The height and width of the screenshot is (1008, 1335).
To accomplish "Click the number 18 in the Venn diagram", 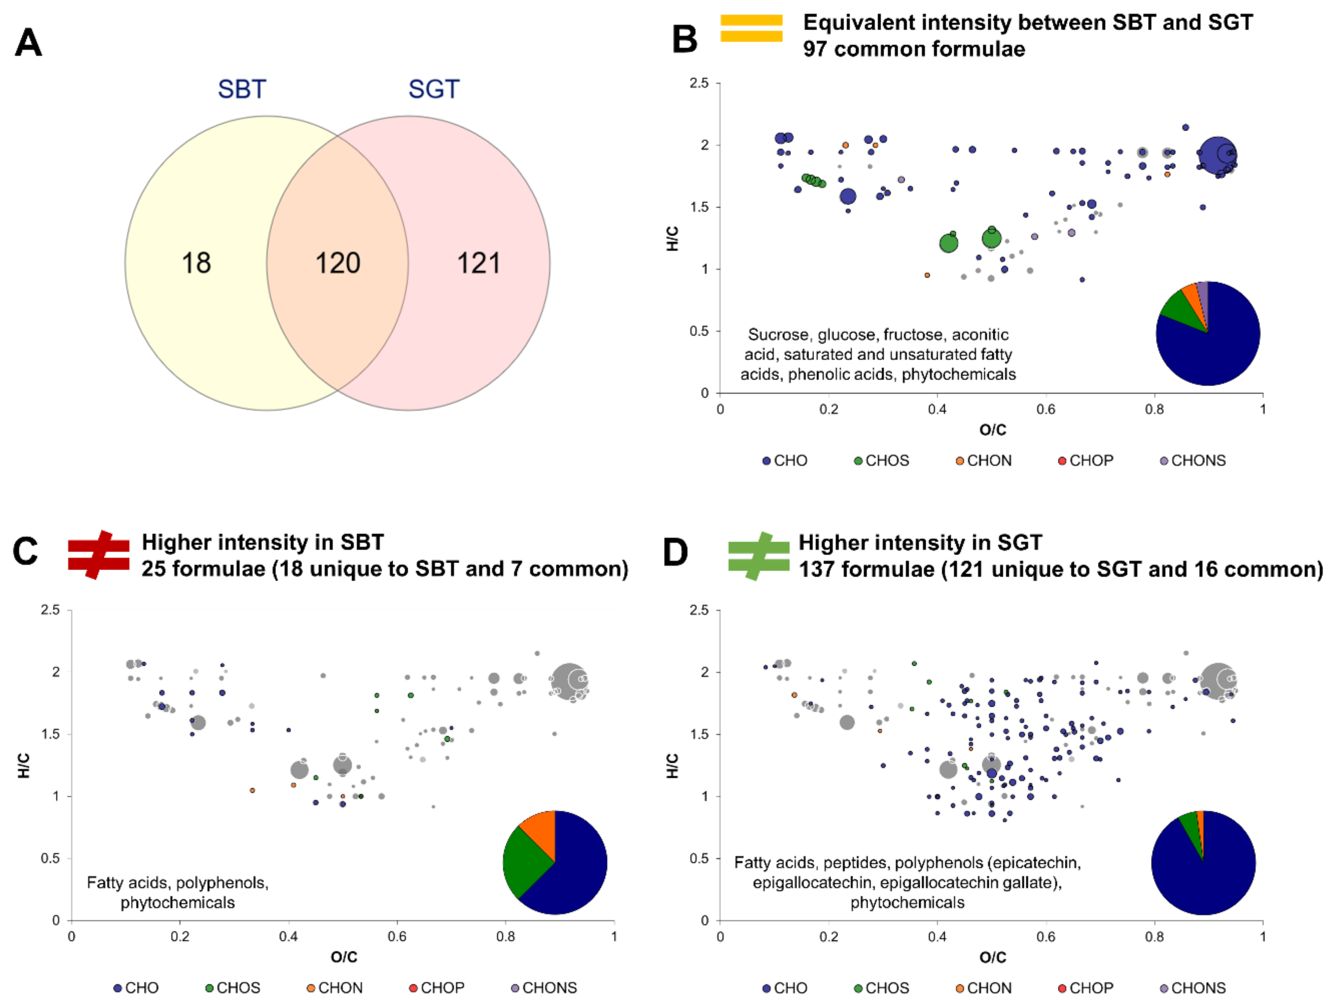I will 196,263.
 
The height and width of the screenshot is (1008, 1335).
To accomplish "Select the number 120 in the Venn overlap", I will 337,263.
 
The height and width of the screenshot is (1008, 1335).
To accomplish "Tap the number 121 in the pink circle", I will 479,263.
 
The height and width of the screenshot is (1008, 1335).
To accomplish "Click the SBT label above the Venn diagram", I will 241,89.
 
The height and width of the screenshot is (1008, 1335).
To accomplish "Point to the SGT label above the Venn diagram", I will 434,89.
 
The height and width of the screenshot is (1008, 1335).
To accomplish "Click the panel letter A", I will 28,43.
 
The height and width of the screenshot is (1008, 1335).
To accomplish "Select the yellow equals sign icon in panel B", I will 751,28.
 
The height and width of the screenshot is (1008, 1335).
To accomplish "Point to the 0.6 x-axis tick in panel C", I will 397,936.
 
